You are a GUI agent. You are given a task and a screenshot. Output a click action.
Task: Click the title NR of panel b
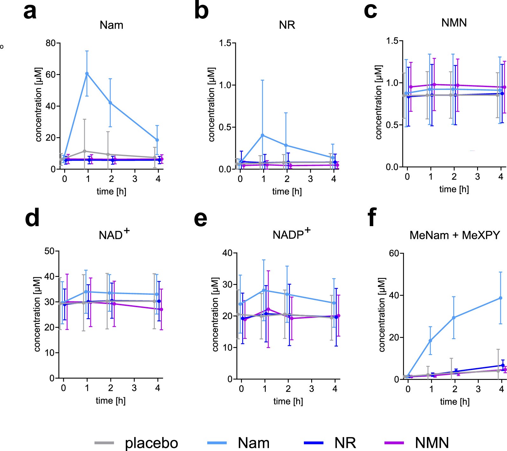coord(287,25)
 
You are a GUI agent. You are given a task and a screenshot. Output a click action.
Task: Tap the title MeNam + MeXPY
coord(455,235)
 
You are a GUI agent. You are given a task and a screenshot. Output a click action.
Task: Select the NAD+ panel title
coord(114,234)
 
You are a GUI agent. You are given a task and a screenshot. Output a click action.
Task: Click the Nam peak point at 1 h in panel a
coord(87,74)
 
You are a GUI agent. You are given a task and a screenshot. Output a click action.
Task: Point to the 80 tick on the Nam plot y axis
coord(51,43)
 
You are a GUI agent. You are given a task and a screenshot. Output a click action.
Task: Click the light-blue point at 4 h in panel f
coord(500,298)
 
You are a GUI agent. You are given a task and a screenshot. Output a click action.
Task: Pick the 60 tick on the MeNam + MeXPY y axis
coord(394,253)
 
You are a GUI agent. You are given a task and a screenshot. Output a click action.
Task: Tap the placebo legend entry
coord(151,443)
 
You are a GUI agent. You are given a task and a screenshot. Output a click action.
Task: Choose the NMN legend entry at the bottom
coord(432,443)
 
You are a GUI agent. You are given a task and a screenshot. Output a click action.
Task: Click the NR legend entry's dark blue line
coord(313,443)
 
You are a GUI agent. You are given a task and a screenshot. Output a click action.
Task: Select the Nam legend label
coord(253,443)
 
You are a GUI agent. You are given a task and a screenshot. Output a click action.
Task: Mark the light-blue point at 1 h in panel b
coord(263,135)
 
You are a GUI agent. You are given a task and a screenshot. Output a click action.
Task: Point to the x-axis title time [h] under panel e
coord(288,401)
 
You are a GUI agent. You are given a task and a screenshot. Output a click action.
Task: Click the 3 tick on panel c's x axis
coord(477,177)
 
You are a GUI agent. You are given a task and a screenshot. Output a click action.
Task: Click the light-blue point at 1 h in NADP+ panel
coord(264,290)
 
